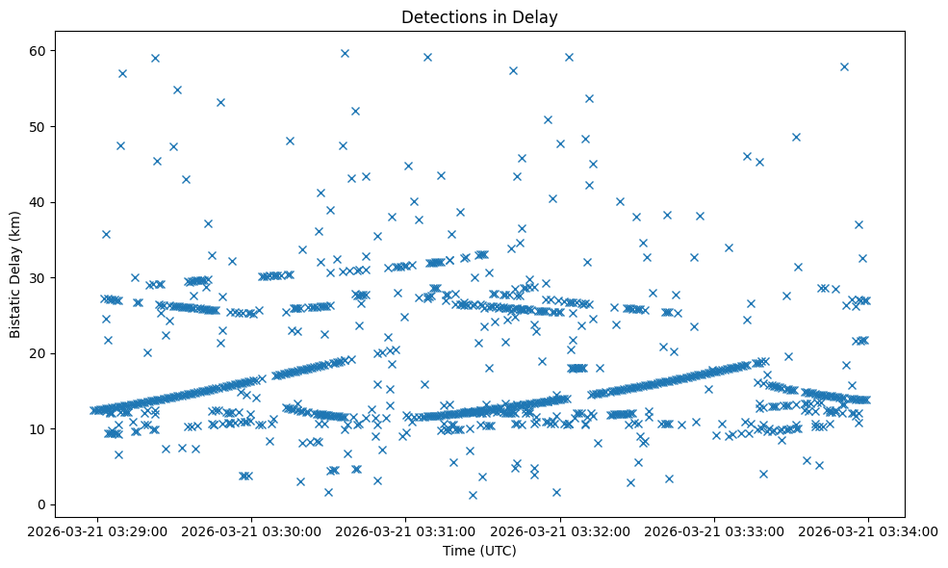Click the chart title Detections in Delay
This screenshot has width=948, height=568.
point(479,17)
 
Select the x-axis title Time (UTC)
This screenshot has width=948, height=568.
point(479,551)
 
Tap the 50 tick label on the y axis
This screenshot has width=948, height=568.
point(43,126)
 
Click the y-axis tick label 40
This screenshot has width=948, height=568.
point(43,202)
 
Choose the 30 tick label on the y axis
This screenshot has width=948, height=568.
point(43,277)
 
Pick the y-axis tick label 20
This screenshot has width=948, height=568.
point(43,353)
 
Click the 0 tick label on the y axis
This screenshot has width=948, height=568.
point(46,504)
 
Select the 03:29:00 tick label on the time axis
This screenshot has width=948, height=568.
point(96,529)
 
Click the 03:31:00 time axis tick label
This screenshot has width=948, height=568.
point(406,529)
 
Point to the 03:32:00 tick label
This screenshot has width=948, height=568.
point(560,529)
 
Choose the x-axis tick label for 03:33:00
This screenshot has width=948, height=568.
point(715,529)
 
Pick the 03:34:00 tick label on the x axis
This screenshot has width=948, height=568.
point(869,529)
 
